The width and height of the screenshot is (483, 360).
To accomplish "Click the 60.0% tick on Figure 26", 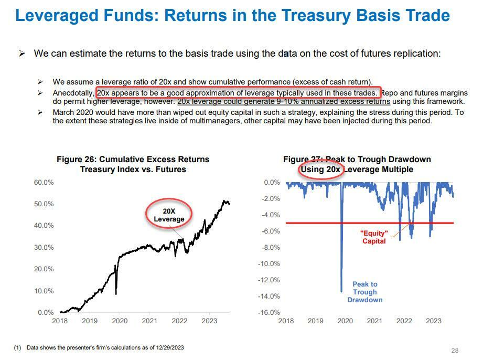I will click(43, 182).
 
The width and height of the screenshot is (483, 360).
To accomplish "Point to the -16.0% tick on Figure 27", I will click(269, 312).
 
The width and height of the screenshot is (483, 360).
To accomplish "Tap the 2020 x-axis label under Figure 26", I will click(120, 321).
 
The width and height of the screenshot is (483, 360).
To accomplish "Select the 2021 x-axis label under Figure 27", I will click(374, 321).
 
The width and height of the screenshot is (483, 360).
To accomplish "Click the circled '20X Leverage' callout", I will click(169, 215).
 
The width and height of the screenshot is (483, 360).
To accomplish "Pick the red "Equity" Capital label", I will click(374, 237).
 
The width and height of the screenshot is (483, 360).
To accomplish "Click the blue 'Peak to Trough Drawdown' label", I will click(364, 292).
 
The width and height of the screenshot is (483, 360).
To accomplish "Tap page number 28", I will click(455, 351).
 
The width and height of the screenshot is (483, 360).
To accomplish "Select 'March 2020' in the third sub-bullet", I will click(70, 112).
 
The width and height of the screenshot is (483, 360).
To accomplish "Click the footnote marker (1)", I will click(17, 347).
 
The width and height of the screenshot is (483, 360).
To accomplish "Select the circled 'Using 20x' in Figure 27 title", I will click(320, 170).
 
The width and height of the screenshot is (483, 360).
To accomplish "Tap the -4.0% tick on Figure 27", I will click(270, 215).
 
